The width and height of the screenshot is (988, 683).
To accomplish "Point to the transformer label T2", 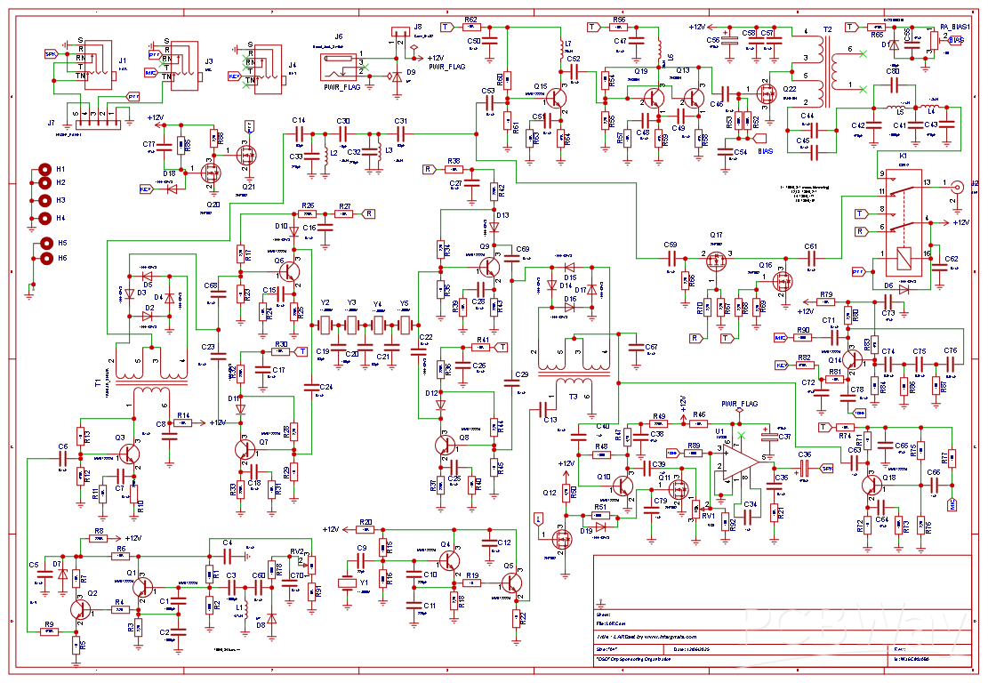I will [828, 30].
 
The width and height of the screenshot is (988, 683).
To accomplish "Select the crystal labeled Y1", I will [348, 583].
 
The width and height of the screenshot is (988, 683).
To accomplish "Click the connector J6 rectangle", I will [341, 68].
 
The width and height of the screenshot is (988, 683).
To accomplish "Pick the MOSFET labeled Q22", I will [765, 92].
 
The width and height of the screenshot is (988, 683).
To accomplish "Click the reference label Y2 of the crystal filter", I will [325, 303].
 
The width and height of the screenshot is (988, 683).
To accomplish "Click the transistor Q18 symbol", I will [872, 486].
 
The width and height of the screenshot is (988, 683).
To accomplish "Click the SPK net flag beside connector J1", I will [51, 53].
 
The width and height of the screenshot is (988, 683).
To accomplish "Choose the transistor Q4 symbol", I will [450, 560].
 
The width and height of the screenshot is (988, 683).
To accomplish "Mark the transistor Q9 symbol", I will [489, 266].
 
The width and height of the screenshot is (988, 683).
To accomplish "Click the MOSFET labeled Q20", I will [212, 171].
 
